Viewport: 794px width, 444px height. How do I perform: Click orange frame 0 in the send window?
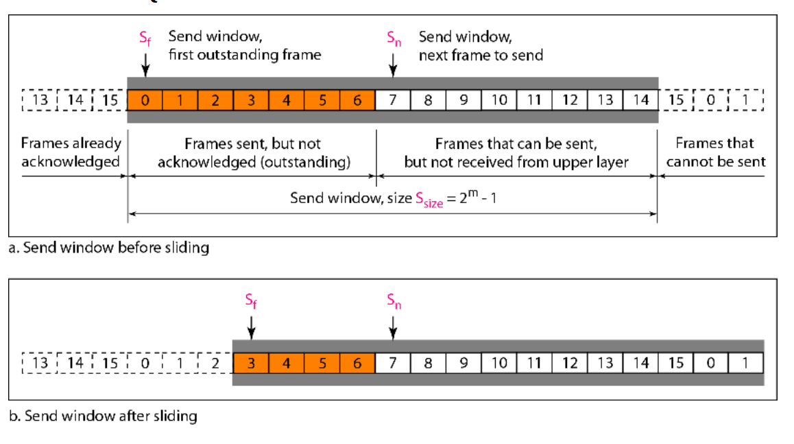click(145, 100)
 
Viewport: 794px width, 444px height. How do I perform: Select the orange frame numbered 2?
click(216, 100)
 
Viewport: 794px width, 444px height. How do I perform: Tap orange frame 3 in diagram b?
click(251, 363)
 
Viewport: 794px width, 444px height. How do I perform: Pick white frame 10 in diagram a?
click(499, 100)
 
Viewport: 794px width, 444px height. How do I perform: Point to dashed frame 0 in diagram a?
click(711, 100)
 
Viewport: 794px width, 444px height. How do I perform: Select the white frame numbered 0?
click(711, 363)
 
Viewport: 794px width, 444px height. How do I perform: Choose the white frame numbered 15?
click(676, 363)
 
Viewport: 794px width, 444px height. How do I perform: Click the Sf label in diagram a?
click(145, 38)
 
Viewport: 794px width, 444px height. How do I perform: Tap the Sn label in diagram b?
click(394, 301)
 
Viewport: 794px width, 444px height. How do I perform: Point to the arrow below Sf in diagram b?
click(251, 328)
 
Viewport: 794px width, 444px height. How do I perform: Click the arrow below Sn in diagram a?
click(393, 65)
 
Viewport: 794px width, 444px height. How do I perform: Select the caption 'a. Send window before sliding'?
click(109, 247)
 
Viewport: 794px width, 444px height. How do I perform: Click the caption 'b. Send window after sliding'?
click(104, 416)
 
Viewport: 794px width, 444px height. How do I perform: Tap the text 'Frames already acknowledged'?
click(71, 152)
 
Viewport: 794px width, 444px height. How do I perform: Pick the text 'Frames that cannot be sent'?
click(716, 152)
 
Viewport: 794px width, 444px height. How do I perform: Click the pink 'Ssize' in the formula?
click(429, 200)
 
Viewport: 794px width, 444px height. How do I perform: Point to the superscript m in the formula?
click(473, 193)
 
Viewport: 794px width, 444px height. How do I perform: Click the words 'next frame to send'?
click(481, 55)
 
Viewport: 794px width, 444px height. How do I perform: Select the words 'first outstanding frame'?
click(245, 54)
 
